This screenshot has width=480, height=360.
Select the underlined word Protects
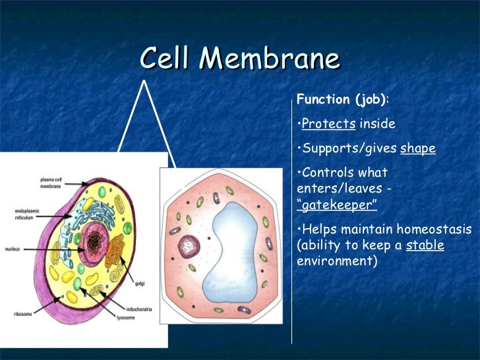coord(328,124)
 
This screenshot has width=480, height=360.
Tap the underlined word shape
coord(418,148)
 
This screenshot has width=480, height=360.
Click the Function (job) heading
coord(342,100)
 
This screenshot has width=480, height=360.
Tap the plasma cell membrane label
coord(52,183)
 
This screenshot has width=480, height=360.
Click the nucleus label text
coord(15,250)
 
